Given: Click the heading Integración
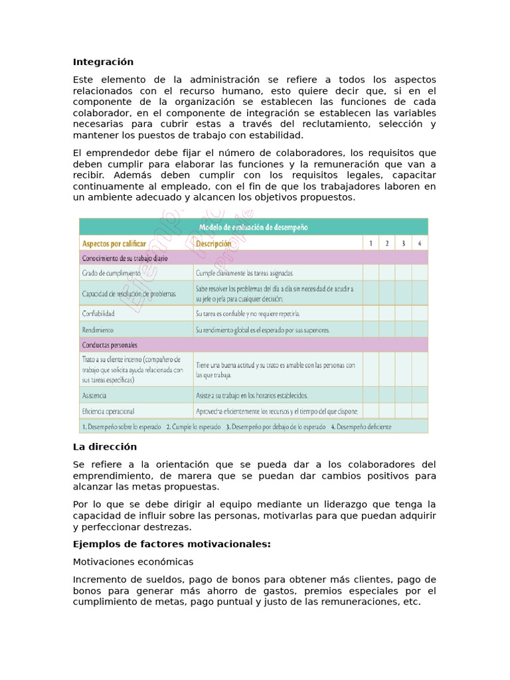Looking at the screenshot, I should tap(103, 62).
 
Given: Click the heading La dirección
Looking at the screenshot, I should tap(104, 447).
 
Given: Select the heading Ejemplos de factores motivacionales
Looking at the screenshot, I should tap(171, 544).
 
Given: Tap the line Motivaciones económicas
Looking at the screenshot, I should tap(133, 561).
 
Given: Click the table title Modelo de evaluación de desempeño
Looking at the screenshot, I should tap(253, 227).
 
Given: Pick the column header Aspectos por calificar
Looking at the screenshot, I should tap(114, 244).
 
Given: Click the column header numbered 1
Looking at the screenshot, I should tap(371, 243).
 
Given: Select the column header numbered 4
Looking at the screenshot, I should tap(420, 243).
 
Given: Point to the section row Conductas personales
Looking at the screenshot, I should tap(110, 345).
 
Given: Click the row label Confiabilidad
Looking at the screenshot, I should tap(98, 313).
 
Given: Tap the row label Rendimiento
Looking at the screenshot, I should tap(98, 329).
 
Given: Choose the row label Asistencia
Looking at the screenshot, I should tap(95, 395).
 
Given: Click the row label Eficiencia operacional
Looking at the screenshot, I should tap(108, 411).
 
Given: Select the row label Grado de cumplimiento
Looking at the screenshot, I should tap(111, 273).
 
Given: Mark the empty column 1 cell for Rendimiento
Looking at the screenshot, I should tap(371, 329).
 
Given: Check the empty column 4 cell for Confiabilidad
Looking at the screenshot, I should tap(420, 313).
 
